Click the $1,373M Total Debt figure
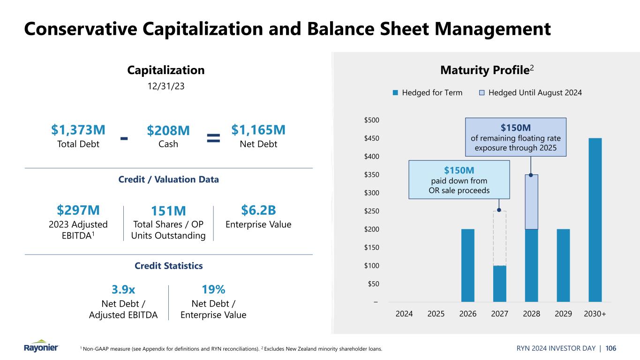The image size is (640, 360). (78, 129)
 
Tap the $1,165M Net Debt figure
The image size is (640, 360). (258, 129)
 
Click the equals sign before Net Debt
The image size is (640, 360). (213, 137)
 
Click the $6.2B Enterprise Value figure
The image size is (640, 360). (258, 210)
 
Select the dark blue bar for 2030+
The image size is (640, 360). (595, 220)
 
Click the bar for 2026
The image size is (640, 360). (468, 265)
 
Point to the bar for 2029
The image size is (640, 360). (563, 265)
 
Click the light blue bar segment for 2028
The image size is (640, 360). (531, 202)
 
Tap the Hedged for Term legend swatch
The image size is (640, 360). (395, 93)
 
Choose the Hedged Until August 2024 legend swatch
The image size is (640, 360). (482, 93)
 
